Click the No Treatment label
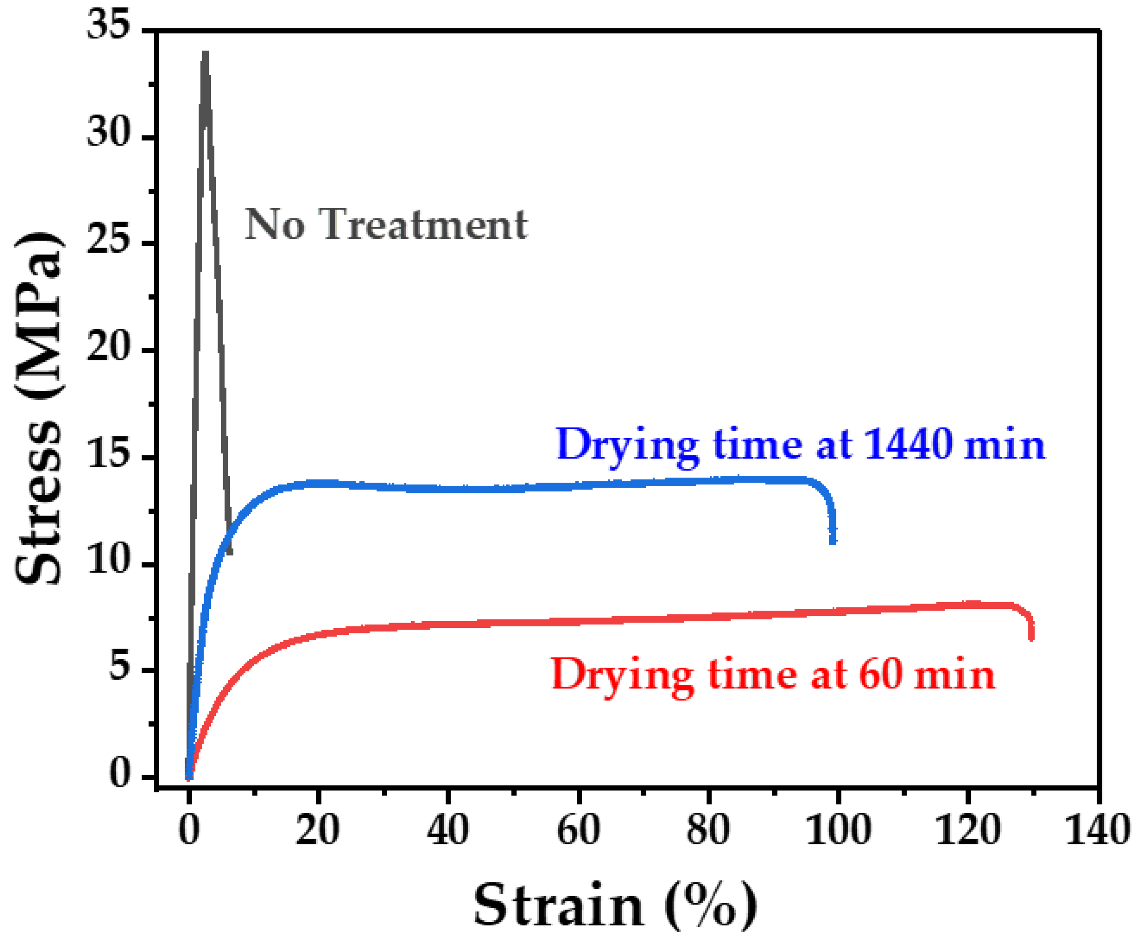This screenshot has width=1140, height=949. click(386, 225)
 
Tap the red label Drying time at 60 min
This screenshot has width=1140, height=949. click(773, 675)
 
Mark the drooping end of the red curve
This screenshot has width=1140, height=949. click(1031, 637)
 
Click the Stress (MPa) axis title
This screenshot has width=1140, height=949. click(38, 408)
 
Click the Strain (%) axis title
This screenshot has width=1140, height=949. click(615, 906)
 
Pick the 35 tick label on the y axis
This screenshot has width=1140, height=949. click(109, 25)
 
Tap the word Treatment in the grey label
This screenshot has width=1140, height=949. click(423, 225)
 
